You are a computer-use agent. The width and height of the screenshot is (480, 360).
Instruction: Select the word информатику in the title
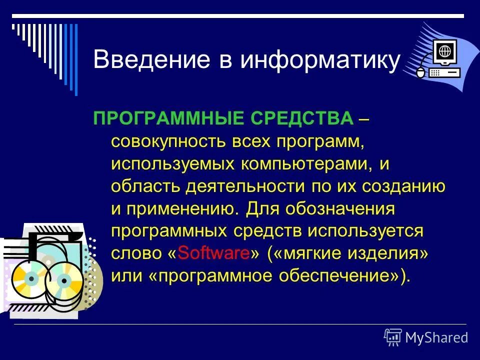point(321,60)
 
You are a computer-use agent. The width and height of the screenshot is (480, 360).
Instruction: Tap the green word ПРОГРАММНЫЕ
point(168,119)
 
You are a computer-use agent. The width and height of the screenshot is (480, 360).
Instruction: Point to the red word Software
point(213,253)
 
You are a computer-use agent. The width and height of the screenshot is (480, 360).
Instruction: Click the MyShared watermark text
point(436,337)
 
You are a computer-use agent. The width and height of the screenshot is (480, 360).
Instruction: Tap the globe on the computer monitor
point(443,50)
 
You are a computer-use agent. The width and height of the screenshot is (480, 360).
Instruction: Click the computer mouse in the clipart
point(420,73)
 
